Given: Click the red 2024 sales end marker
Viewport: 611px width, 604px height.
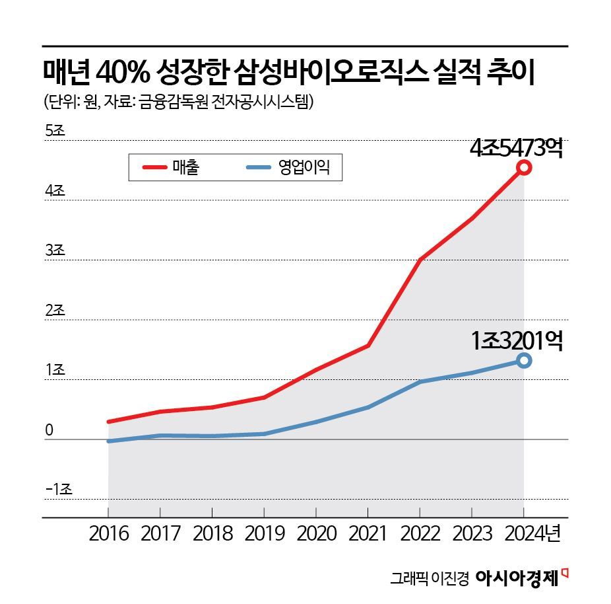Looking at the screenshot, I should tap(524, 167).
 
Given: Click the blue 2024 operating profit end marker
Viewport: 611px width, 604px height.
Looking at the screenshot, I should tap(524, 360).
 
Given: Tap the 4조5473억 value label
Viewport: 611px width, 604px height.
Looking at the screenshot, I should tap(516, 148).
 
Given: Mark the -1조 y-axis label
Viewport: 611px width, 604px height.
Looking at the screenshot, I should tap(58, 490).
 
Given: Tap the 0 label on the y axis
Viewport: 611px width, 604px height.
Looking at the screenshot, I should tap(49, 430).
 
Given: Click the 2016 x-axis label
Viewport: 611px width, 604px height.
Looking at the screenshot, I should tap(108, 533).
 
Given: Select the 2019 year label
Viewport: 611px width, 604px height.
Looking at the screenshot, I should tap(264, 533).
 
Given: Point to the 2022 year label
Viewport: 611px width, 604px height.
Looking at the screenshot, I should tap(420, 533).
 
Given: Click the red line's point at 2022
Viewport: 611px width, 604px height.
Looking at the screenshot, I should tap(420, 260).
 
